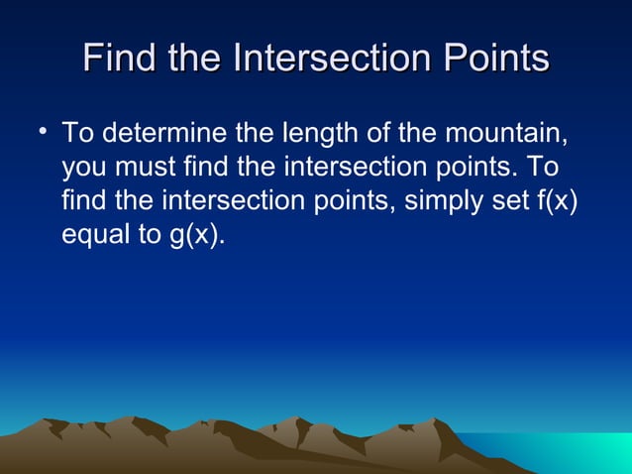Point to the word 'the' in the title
point(196,59)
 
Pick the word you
point(82,168)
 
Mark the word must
point(141,168)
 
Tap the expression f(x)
point(558,202)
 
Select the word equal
point(95,237)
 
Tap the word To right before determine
point(76,133)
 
